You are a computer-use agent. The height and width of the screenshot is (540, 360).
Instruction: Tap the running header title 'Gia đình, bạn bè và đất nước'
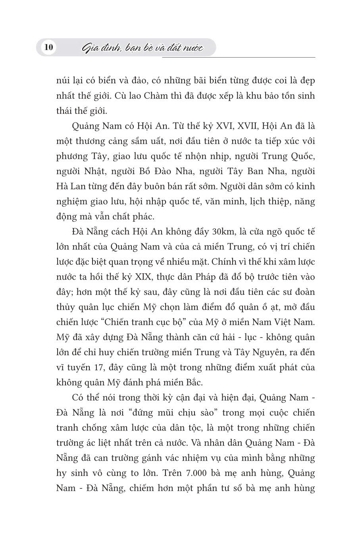(142, 48)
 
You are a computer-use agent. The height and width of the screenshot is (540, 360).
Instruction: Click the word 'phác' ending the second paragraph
(148, 217)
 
